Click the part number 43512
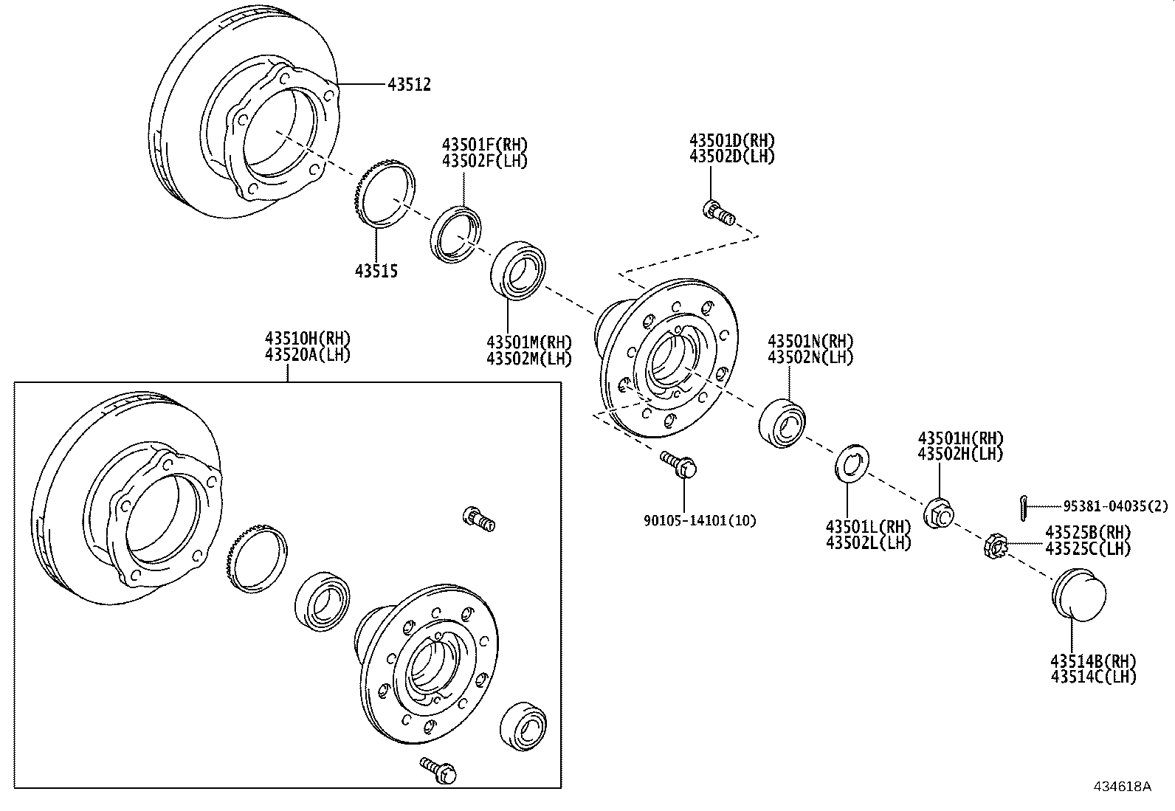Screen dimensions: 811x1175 (x=409, y=85)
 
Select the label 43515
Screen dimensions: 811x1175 (x=376, y=272)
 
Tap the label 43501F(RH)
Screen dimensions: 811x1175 (x=485, y=144)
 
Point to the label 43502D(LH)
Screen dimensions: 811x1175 (x=732, y=156)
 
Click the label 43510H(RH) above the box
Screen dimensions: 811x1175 (x=308, y=339)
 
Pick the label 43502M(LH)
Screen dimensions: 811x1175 (x=529, y=359)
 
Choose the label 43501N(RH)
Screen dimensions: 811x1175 (x=810, y=342)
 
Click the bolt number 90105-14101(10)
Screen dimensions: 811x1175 (x=700, y=520)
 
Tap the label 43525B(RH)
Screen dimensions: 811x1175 (x=1088, y=532)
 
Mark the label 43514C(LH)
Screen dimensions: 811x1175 (x=1094, y=676)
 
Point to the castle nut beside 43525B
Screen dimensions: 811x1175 (x=996, y=548)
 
